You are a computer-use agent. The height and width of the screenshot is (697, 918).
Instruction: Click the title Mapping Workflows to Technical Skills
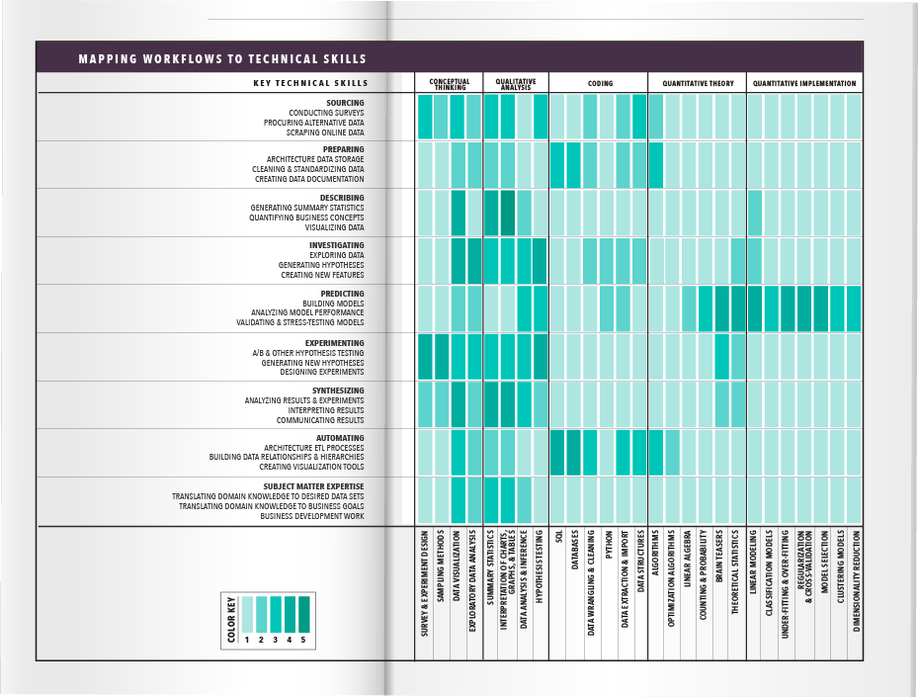tap(222, 59)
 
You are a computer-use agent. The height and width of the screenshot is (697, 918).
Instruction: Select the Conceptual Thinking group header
tap(450, 84)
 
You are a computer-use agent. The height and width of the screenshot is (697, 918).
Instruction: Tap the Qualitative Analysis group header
tap(516, 84)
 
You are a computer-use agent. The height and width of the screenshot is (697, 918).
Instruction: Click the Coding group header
tap(600, 84)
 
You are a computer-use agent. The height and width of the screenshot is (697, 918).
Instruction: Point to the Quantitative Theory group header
tap(698, 84)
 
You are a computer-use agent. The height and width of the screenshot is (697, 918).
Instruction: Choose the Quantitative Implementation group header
tap(804, 84)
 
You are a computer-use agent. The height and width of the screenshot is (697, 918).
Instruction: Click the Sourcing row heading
tap(345, 103)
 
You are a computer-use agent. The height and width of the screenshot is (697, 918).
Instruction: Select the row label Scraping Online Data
tap(325, 132)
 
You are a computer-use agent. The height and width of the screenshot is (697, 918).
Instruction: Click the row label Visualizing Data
tap(334, 227)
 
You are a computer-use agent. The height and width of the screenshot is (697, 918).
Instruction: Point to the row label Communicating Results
tap(320, 420)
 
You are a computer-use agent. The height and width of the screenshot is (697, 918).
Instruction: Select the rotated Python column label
tap(608, 548)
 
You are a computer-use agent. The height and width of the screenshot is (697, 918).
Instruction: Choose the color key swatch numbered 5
tap(303, 613)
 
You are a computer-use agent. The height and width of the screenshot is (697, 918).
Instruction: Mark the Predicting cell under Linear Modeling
tap(755, 308)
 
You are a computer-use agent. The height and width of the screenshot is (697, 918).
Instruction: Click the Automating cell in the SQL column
tap(557, 452)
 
